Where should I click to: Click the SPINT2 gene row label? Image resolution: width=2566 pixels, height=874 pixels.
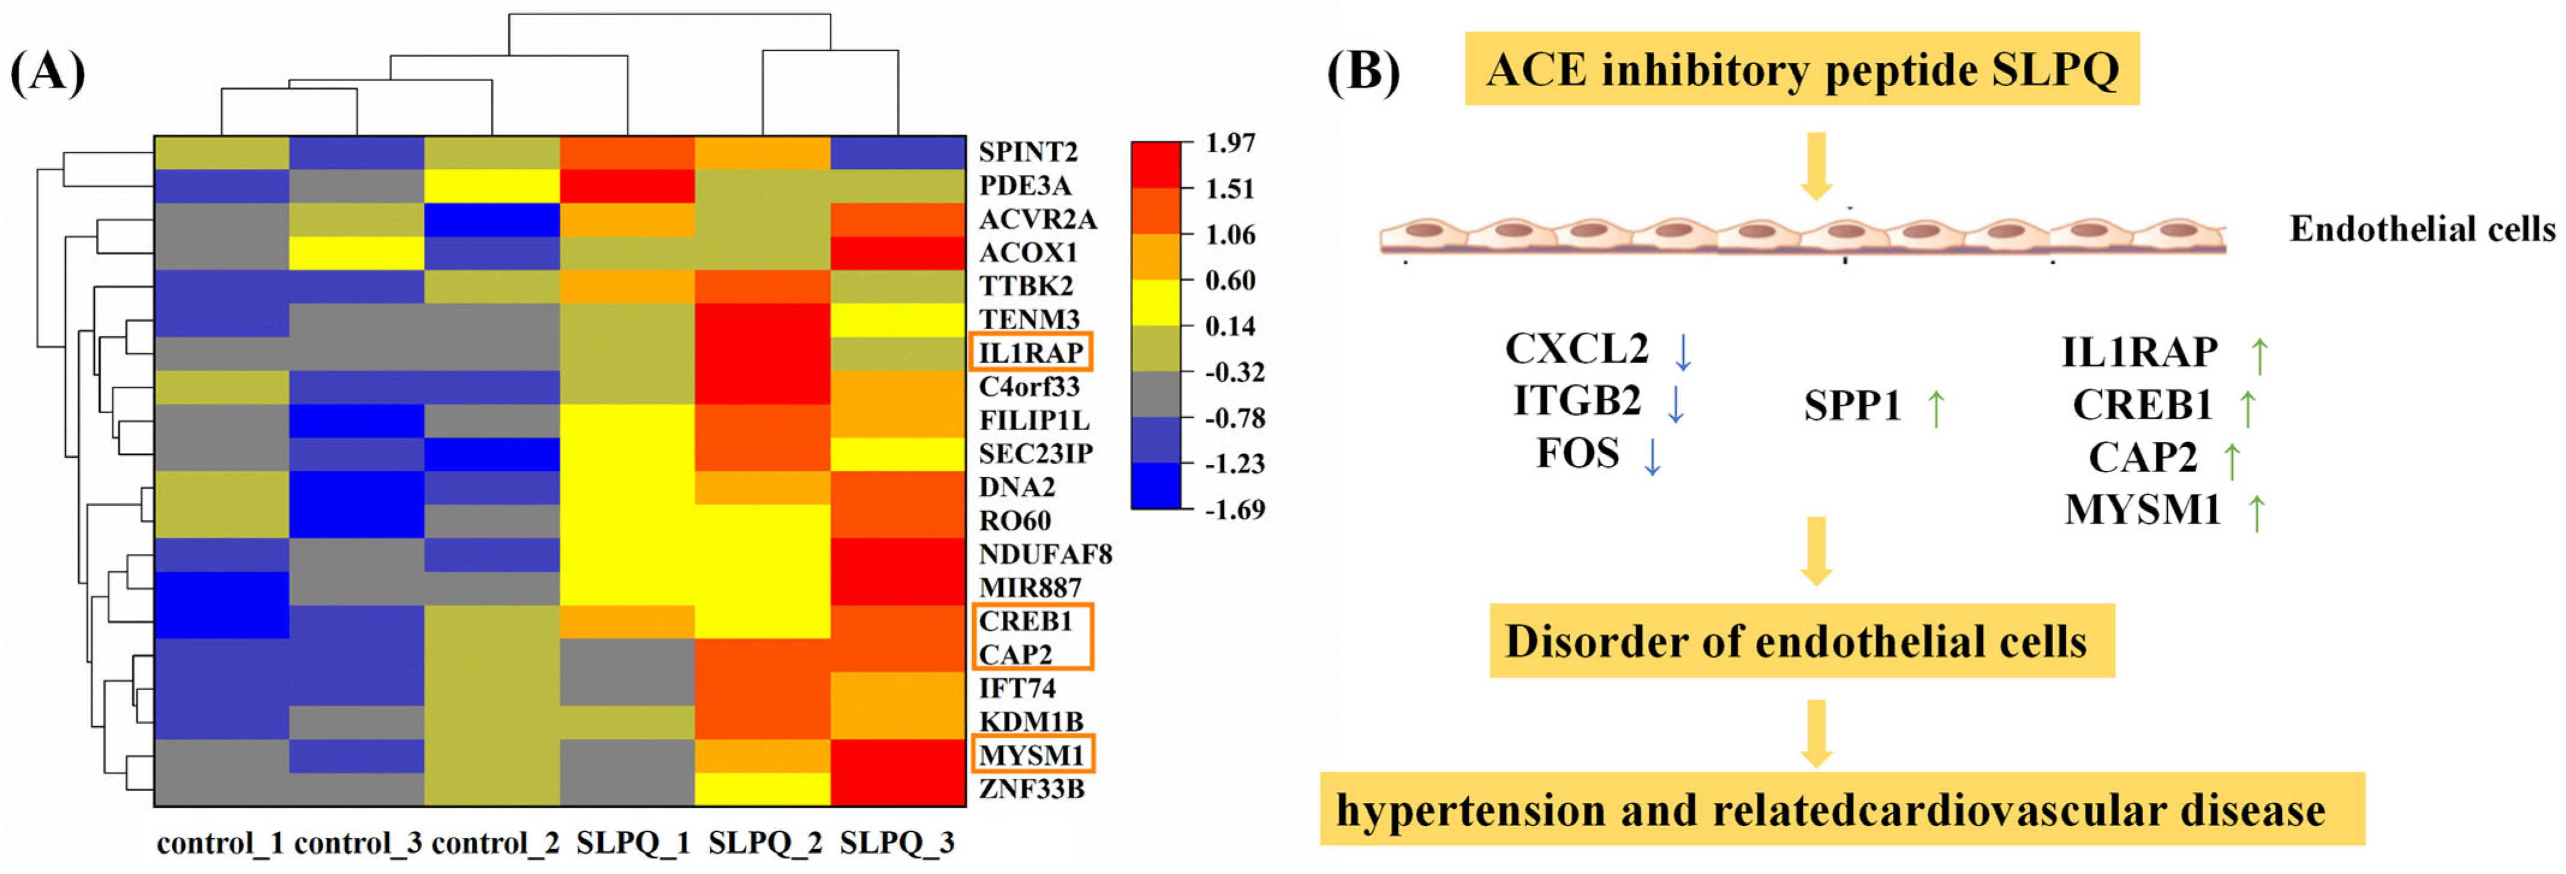click(x=1027, y=151)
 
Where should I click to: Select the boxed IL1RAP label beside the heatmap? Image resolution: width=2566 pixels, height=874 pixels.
click(x=1030, y=353)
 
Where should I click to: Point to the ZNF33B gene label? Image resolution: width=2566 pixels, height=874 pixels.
click(x=1030, y=788)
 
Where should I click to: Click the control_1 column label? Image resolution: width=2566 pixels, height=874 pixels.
click(x=220, y=843)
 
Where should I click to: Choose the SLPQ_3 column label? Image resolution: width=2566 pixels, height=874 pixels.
click(x=897, y=843)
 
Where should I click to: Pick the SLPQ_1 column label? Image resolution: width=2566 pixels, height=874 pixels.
click(x=632, y=843)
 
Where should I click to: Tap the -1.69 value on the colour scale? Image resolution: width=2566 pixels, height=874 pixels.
click(x=1234, y=509)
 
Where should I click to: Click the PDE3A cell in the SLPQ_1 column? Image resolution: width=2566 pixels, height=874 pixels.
click(x=626, y=186)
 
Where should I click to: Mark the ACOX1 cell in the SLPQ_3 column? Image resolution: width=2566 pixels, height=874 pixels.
click(x=898, y=252)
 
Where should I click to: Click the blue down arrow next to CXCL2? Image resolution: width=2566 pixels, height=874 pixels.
click(x=1683, y=351)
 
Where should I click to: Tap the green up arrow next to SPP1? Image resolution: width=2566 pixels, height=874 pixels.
click(x=1935, y=408)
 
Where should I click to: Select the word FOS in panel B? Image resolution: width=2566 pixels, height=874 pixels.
click(x=1577, y=454)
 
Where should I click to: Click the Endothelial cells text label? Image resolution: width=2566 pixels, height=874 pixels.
click(x=2421, y=229)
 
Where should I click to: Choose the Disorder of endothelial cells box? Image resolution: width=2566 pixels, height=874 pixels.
click(x=1801, y=641)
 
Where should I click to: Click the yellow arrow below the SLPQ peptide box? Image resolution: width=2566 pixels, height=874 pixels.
click(x=1816, y=165)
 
